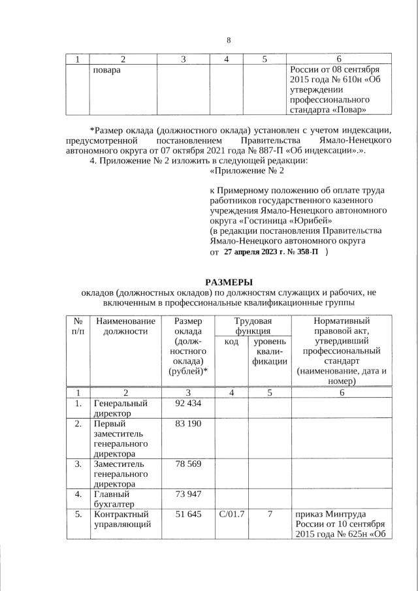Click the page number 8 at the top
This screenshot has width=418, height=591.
229,40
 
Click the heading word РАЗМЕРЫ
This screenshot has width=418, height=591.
229,281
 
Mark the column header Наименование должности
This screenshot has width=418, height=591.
125,326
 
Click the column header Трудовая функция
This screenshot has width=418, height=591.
253,326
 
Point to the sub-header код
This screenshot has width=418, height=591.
231,342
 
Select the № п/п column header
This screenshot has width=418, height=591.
78,326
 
